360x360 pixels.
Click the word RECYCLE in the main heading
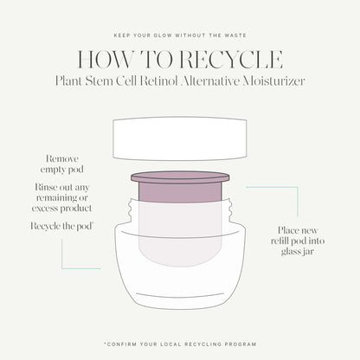230,60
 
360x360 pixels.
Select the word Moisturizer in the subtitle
273,81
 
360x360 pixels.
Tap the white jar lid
180,138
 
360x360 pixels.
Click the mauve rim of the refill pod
180,177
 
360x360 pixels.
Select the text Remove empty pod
62,164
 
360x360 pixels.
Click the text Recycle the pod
61,226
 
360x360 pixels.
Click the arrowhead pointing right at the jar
99,268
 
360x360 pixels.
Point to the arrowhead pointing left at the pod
247,187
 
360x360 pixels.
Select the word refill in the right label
280,241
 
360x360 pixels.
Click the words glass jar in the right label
298,252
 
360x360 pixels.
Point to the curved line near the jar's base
180,295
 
